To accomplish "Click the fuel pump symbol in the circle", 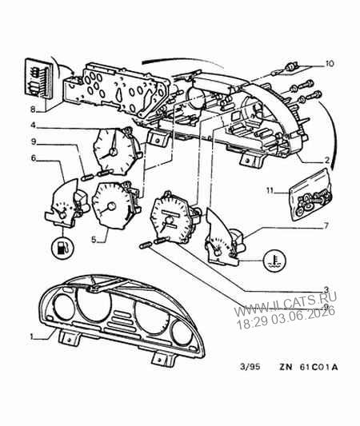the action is (62, 248).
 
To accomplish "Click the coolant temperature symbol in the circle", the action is (274, 261).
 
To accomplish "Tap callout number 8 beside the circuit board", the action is (33, 109).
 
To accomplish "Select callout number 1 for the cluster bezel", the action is (33, 336).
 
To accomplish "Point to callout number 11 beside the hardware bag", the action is (270, 190).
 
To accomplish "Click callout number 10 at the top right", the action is (329, 64).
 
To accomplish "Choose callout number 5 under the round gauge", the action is (94, 240).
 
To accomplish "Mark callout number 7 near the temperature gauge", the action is (326, 225).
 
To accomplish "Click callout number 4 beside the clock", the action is (33, 125).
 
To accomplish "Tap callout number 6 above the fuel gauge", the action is (33, 157).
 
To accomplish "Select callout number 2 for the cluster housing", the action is (326, 161).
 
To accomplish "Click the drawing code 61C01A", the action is (318, 368).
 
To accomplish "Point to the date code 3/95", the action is (250, 367).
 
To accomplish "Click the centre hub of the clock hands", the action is (113, 152).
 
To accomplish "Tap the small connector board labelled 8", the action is (39, 78).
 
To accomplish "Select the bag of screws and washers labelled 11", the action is (310, 194).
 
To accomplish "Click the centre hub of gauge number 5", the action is (111, 206).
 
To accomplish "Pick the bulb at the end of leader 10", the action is (291, 66).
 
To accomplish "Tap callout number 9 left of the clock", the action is (33, 141).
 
